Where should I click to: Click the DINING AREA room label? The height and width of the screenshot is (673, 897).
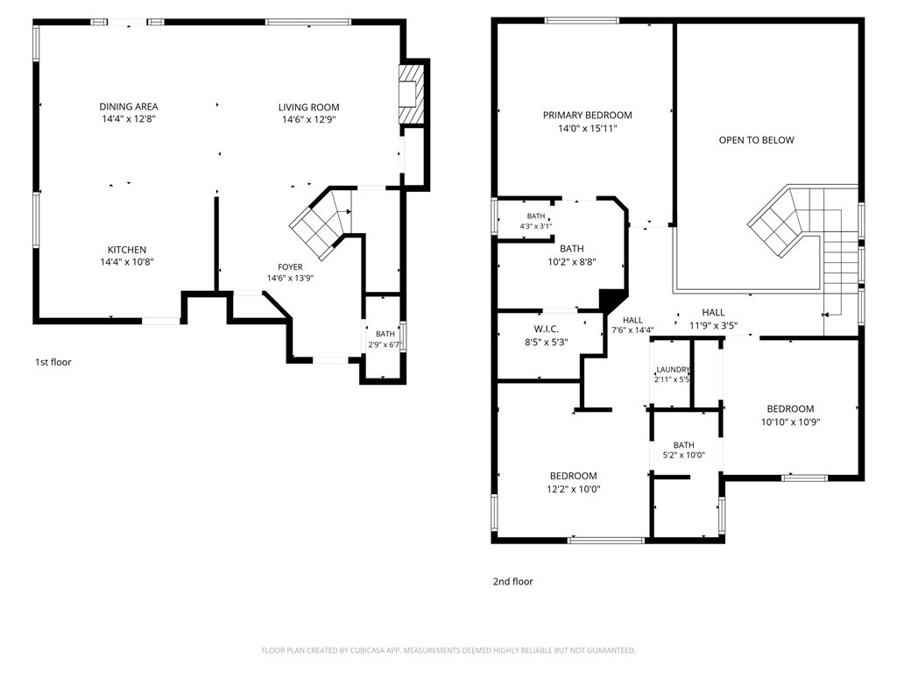(x=129, y=106)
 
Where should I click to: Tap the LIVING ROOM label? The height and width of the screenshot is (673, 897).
(x=309, y=107)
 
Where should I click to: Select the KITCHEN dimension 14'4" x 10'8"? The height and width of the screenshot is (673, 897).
(x=127, y=262)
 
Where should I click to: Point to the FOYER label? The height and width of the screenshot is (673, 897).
(x=290, y=266)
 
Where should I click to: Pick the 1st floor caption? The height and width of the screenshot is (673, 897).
(x=53, y=362)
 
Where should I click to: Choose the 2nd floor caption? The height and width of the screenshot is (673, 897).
(x=513, y=582)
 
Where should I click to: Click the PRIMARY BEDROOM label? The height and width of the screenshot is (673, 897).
(x=588, y=115)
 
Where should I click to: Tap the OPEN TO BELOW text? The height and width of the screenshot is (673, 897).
(x=756, y=140)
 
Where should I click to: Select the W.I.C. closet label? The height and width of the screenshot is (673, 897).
(x=547, y=329)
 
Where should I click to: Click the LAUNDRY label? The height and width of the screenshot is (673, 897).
(x=673, y=370)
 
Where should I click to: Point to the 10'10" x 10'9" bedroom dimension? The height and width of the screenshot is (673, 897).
(x=791, y=422)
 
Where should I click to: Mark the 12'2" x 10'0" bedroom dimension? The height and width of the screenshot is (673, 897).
(x=573, y=489)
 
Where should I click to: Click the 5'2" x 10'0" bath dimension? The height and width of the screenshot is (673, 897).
(x=683, y=456)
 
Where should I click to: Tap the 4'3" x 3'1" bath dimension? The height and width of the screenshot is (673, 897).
(x=536, y=226)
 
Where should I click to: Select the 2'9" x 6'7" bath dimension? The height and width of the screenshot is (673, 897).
(x=385, y=345)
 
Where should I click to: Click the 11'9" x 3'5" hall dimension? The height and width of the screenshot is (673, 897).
(x=713, y=326)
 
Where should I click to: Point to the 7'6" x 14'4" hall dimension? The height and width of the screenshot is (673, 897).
(x=632, y=330)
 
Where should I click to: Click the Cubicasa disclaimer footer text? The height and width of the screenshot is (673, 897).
(x=448, y=651)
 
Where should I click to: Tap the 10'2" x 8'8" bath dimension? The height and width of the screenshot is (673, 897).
(x=572, y=262)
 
